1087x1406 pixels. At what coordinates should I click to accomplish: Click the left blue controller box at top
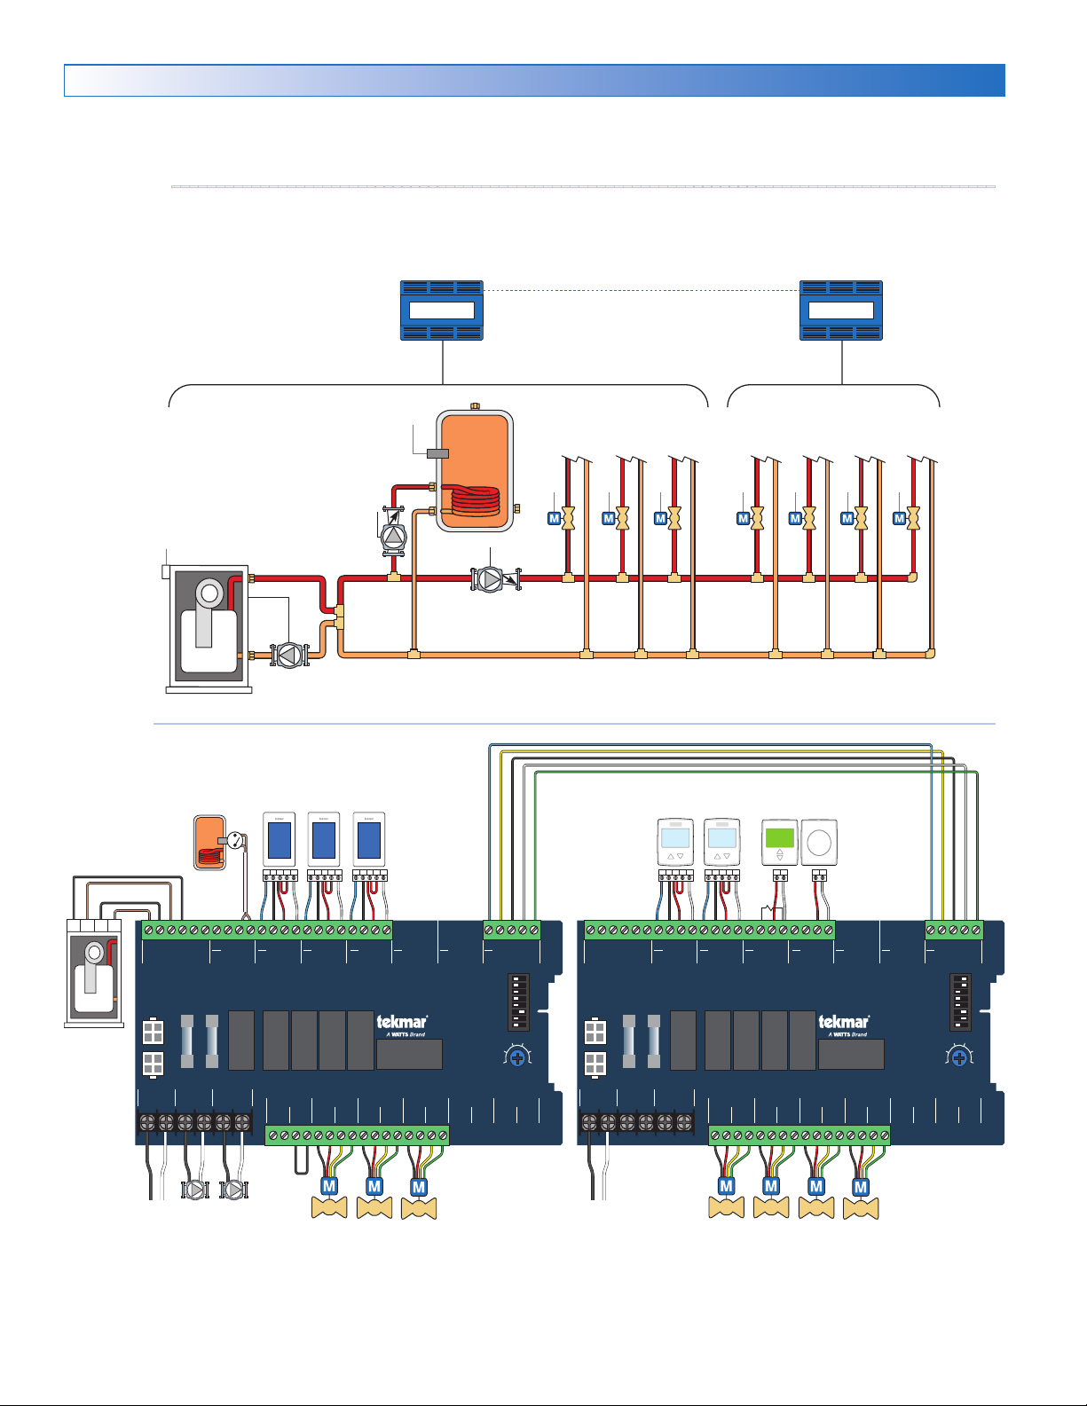coord(442,310)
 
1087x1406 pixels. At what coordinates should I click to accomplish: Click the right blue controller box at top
coord(841,310)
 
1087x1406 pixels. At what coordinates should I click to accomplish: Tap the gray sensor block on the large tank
coord(437,453)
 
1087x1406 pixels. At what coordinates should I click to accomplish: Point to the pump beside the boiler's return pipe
coord(288,655)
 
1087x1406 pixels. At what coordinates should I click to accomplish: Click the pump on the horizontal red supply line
coord(489,579)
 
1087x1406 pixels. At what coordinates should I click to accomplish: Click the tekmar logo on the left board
coord(401,1023)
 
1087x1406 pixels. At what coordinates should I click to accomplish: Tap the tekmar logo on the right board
coord(843,1023)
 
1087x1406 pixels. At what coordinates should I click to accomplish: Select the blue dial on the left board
coord(517,1057)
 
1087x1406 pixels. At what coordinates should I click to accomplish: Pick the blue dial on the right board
coord(959,1057)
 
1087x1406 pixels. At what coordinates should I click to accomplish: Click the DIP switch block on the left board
coord(519,1002)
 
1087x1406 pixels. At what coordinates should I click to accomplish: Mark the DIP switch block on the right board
coord(960,1002)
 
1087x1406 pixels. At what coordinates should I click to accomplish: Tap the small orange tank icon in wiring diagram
coord(210,843)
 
